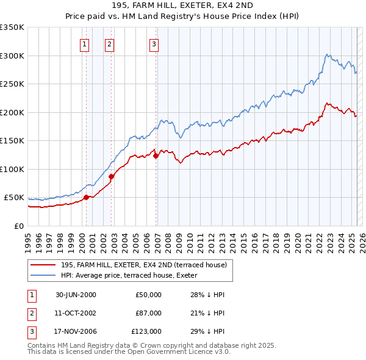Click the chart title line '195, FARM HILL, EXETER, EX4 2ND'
tap(182, 5)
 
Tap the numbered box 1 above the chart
tap(84, 43)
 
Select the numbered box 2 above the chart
tap(109, 43)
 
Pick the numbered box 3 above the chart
tap(154, 43)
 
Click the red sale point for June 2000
tap(87, 197)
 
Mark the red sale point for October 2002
tap(112, 176)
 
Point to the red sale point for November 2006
tap(156, 156)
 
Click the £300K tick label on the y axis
tap(12, 56)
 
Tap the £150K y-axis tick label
tap(12, 141)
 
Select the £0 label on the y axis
tap(20, 226)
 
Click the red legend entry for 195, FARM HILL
tap(143, 265)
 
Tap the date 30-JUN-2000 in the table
tap(76, 295)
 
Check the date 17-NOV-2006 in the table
tap(76, 331)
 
